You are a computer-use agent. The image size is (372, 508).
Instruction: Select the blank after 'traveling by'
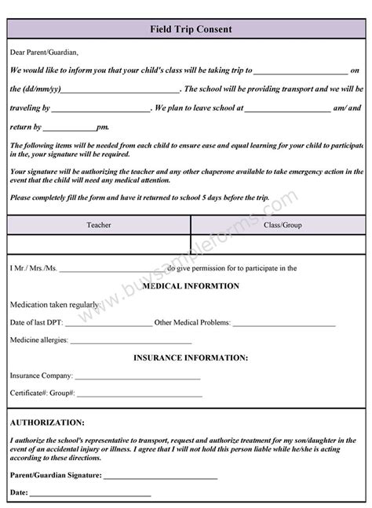coord(101,109)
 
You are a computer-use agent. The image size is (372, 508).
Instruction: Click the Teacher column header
coord(99,225)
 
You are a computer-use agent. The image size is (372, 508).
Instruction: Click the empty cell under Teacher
coord(99,244)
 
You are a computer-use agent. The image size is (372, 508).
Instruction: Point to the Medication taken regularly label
coord(54,304)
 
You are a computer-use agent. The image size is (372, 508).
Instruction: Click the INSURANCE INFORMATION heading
coord(190,357)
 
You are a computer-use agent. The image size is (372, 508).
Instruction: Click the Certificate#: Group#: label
coord(42,394)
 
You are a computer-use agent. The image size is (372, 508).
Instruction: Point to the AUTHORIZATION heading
coord(48,422)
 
